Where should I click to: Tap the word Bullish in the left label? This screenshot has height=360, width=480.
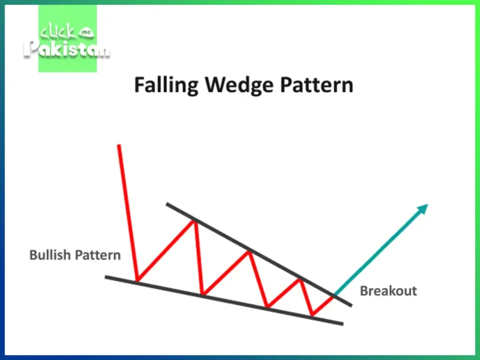(50, 255)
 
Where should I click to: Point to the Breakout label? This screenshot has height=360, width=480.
(388, 291)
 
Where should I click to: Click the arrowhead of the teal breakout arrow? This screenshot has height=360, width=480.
(423, 209)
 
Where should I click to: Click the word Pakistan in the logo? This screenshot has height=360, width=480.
(67, 49)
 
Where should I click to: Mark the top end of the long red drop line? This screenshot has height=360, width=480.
(118, 146)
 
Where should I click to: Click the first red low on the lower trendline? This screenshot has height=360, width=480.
(137, 281)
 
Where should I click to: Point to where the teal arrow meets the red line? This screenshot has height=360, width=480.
(334, 294)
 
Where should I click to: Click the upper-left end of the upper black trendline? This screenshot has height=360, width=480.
(167, 204)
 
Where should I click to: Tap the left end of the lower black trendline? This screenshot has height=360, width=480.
(106, 277)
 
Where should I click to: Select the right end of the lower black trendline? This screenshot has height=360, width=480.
(342, 323)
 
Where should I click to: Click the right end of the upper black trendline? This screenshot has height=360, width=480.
(351, 305)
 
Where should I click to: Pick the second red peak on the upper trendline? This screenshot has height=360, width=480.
(249, 251)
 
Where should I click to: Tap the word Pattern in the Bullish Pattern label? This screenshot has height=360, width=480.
(98, 255)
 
